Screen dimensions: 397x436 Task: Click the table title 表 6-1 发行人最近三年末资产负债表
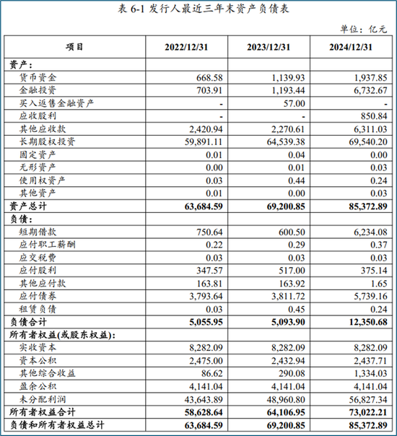coord(198,9)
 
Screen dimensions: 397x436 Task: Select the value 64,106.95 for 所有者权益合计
coord(272,411)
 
